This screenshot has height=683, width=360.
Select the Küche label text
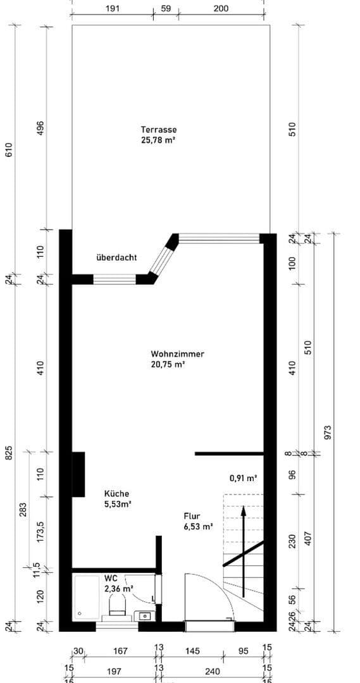[117, 494]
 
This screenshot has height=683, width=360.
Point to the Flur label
[192, 515]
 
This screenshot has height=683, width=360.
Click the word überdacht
[116, 257]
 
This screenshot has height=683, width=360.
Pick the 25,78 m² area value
[158, 140]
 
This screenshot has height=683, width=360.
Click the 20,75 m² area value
[168, 364]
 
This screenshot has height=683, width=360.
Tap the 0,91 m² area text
[243, 479]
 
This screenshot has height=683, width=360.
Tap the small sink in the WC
[144, 615]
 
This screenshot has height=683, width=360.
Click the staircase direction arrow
[244, 544]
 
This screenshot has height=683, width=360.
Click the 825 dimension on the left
[9, 453]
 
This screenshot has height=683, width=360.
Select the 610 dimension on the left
[9, 150]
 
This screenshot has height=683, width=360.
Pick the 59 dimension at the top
[166, 9]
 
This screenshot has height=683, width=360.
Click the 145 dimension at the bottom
[193, 651]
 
